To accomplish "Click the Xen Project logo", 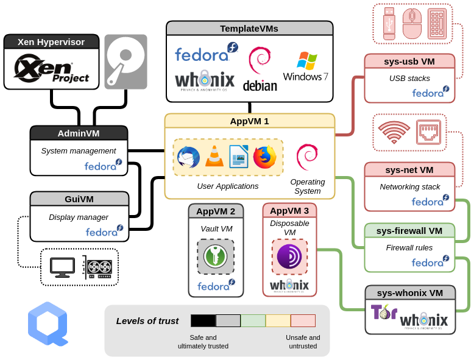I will tap(51, 68).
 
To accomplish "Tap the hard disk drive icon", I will tap(126, 62).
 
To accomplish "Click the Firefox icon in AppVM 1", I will tap(264, 157).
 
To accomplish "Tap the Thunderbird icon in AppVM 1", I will tap(188, 157).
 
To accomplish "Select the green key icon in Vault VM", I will tap(216, 256).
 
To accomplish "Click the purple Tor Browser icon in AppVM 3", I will tap(289, 256).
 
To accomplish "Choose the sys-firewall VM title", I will tap(409, 231).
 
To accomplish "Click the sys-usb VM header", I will tap(409, 62).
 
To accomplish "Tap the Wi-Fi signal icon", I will tap(394, 132).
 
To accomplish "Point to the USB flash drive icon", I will tap(389, 24).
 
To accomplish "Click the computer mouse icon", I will tap(412, 24).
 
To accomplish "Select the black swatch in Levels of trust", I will tap(203, 321).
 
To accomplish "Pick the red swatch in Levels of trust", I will tap(303, 321).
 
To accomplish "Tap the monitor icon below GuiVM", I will tap(62, 267).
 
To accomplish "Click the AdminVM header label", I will tap(79, 133).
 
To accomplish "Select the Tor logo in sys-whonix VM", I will tap(383, 312).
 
